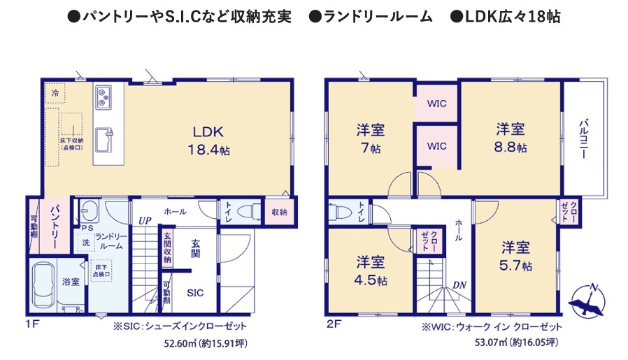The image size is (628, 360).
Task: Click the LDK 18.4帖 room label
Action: (x=208, y=141)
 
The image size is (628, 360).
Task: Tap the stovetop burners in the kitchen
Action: (x=104, y=96)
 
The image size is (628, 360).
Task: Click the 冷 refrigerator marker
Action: (x=55, y=93)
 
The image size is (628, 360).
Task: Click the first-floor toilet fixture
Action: (x=248, y=211)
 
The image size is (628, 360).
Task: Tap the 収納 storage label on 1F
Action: (x=279, y=212)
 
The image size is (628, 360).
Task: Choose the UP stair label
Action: (x=145, y=221)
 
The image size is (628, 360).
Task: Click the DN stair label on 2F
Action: (x=459, y=285)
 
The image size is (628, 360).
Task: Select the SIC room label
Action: (x=195, y=293)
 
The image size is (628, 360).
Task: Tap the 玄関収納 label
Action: (x=167, y=248)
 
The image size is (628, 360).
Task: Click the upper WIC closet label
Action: (x=436, y=103)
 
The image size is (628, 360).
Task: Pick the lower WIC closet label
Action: (x=436, y=146)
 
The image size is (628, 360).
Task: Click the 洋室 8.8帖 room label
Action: (x=511, y=137)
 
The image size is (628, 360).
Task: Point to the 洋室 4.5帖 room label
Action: (x=371, y=271)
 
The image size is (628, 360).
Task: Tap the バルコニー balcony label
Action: (x=583, y=138)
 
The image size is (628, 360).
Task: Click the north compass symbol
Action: (x=587, y=301)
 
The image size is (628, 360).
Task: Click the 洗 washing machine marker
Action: (x=86, y=243)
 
